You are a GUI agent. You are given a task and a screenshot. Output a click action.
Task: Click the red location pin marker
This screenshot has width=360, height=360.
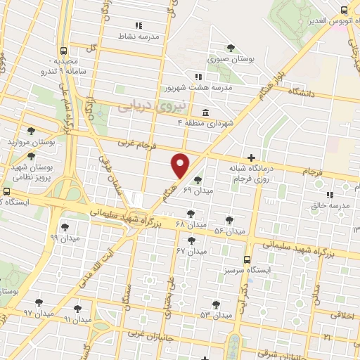[x=181, y=165]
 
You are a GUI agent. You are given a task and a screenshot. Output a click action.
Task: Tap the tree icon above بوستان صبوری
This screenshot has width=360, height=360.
[x=231, y=47]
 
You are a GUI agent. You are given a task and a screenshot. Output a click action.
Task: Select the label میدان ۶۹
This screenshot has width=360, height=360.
[x=198, y=191]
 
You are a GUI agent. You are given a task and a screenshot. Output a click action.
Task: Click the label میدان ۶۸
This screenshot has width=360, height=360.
[x=191, y=224]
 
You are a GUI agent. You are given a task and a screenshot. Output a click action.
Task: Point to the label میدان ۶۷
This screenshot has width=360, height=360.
[x=191, y=251]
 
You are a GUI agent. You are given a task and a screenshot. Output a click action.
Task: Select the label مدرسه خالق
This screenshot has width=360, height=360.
[x=330, y=206]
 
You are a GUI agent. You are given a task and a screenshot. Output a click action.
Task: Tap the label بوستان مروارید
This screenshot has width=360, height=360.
[x=31, y=141]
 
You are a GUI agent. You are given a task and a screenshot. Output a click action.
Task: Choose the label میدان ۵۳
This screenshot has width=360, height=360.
[x=215, y=314]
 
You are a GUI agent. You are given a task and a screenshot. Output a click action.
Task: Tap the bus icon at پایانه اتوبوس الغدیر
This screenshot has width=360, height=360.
[x=344, y=10]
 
